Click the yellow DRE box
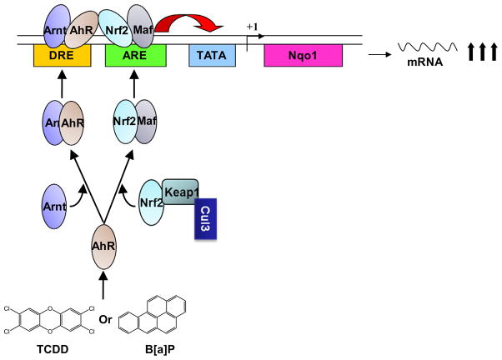click(61, 57)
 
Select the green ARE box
click(135, 57)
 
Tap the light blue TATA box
click(211, 57)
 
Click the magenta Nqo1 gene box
click(304, 57)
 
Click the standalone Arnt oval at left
click(54, 204)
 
